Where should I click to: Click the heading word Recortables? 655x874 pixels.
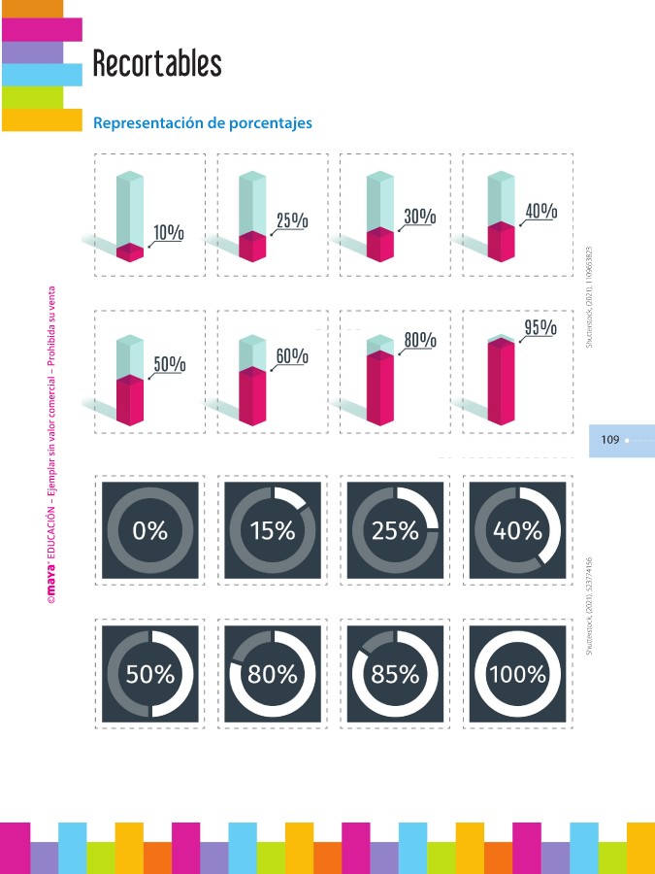[157, 65]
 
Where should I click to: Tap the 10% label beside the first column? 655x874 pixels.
[169, 232]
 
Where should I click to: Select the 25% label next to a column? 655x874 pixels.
[292, 220]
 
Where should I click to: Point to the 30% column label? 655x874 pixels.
[419, 217]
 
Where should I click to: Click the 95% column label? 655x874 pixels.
[540, 327]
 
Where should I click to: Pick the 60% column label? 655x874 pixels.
[292, 356]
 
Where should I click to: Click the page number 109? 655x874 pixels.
[610, 440]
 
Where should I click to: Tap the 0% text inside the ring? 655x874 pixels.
[150, 530]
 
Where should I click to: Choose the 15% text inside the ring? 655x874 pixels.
[273, 530]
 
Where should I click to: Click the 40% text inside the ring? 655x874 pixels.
[517, 530]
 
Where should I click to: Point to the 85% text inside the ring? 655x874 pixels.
[395, 673]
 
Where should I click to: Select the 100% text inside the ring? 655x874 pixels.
[517, 673]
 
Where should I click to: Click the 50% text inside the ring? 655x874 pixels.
[150, 673]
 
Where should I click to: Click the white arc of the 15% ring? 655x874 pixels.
[290, 497]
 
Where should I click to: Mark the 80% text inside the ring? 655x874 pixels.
[273, 673]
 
